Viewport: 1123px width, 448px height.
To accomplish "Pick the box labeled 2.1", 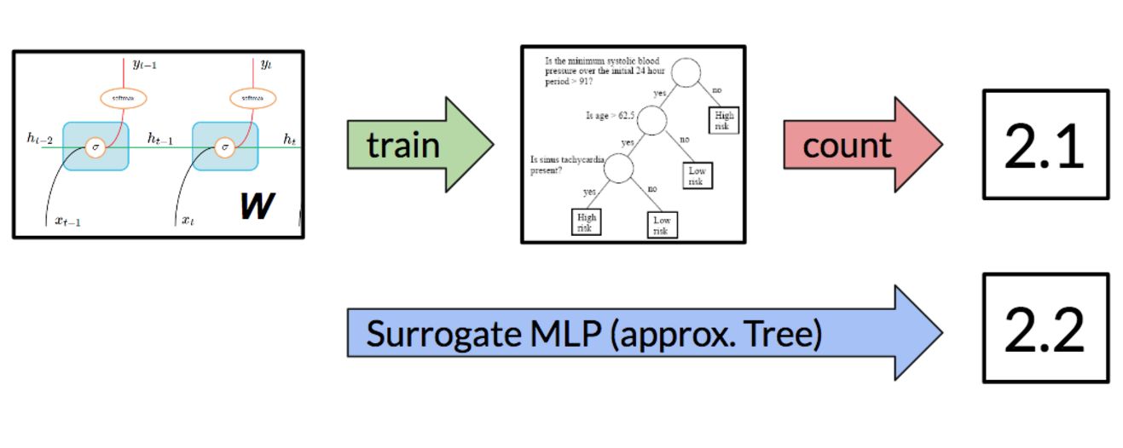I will click(x=1045, y=145).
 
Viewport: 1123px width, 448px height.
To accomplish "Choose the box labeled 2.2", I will click(x=1045, y=328).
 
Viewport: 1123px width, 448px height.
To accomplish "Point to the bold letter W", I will click(x=257, y=204).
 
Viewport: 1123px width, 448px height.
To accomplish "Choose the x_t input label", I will click(x=188, y=221).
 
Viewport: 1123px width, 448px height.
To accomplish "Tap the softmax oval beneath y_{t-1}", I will click(x=124, y=98).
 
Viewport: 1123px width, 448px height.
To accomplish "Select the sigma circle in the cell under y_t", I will click(x=225, y=146).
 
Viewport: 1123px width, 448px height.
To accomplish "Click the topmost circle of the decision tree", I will click(x=686, y=72).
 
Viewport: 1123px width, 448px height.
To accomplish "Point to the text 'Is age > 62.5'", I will click(x=608, y=116).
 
